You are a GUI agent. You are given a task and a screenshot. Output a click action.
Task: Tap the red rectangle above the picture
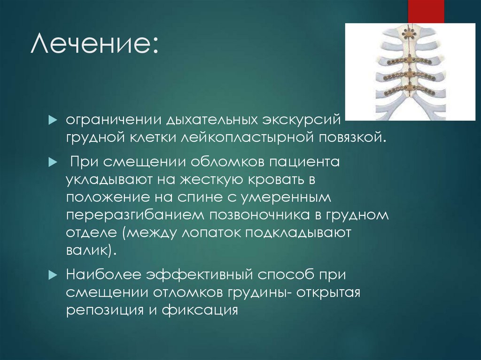click(x=426, y=11)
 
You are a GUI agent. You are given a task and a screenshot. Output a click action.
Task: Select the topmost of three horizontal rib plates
click(x=410, y=61)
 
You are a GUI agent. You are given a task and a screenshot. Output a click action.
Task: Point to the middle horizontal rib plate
click(x=410, y=75)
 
